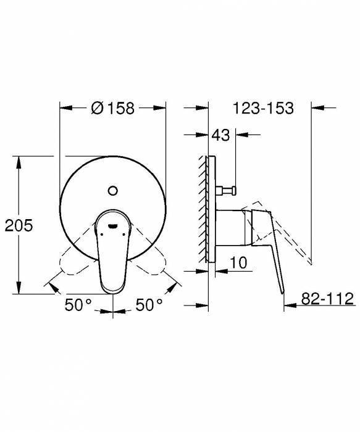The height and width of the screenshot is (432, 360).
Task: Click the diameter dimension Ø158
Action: point(112,108)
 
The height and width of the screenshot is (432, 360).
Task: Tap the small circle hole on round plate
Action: point(113,189)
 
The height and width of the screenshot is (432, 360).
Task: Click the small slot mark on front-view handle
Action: point(113,226)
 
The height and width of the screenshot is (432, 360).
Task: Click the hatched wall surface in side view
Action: point(203,216)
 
